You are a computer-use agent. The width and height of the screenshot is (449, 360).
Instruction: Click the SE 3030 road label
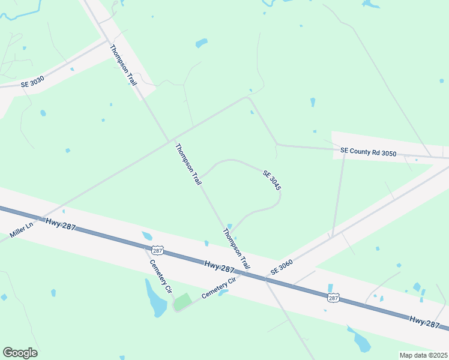click(x=32, y=84)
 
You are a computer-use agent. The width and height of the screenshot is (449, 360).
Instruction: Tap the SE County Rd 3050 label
click(x=369, y=153)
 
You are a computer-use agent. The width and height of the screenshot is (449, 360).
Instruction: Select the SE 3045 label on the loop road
click(x=272, y=180)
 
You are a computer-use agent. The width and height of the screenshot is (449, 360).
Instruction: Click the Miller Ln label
click(x=20, y=229)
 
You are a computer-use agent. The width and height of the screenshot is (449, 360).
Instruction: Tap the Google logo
click(x=20, y=353)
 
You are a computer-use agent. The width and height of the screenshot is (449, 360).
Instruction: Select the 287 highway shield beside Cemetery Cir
click(x=157, y=249)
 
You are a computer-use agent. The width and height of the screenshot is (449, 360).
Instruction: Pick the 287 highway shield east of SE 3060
click(x=334, y=298)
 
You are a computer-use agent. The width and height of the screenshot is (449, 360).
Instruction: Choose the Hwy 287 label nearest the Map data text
click(x=425, y=322)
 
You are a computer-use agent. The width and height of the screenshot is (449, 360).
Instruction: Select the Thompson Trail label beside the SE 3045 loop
click(x=188, y=164)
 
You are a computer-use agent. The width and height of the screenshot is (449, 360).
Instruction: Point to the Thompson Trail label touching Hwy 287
click(x=237, y=248)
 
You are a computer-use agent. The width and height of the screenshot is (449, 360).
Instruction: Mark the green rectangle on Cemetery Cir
click(x=182, y=301)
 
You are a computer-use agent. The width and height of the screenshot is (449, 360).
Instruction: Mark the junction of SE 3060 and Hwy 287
click(x=265, y=278)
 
